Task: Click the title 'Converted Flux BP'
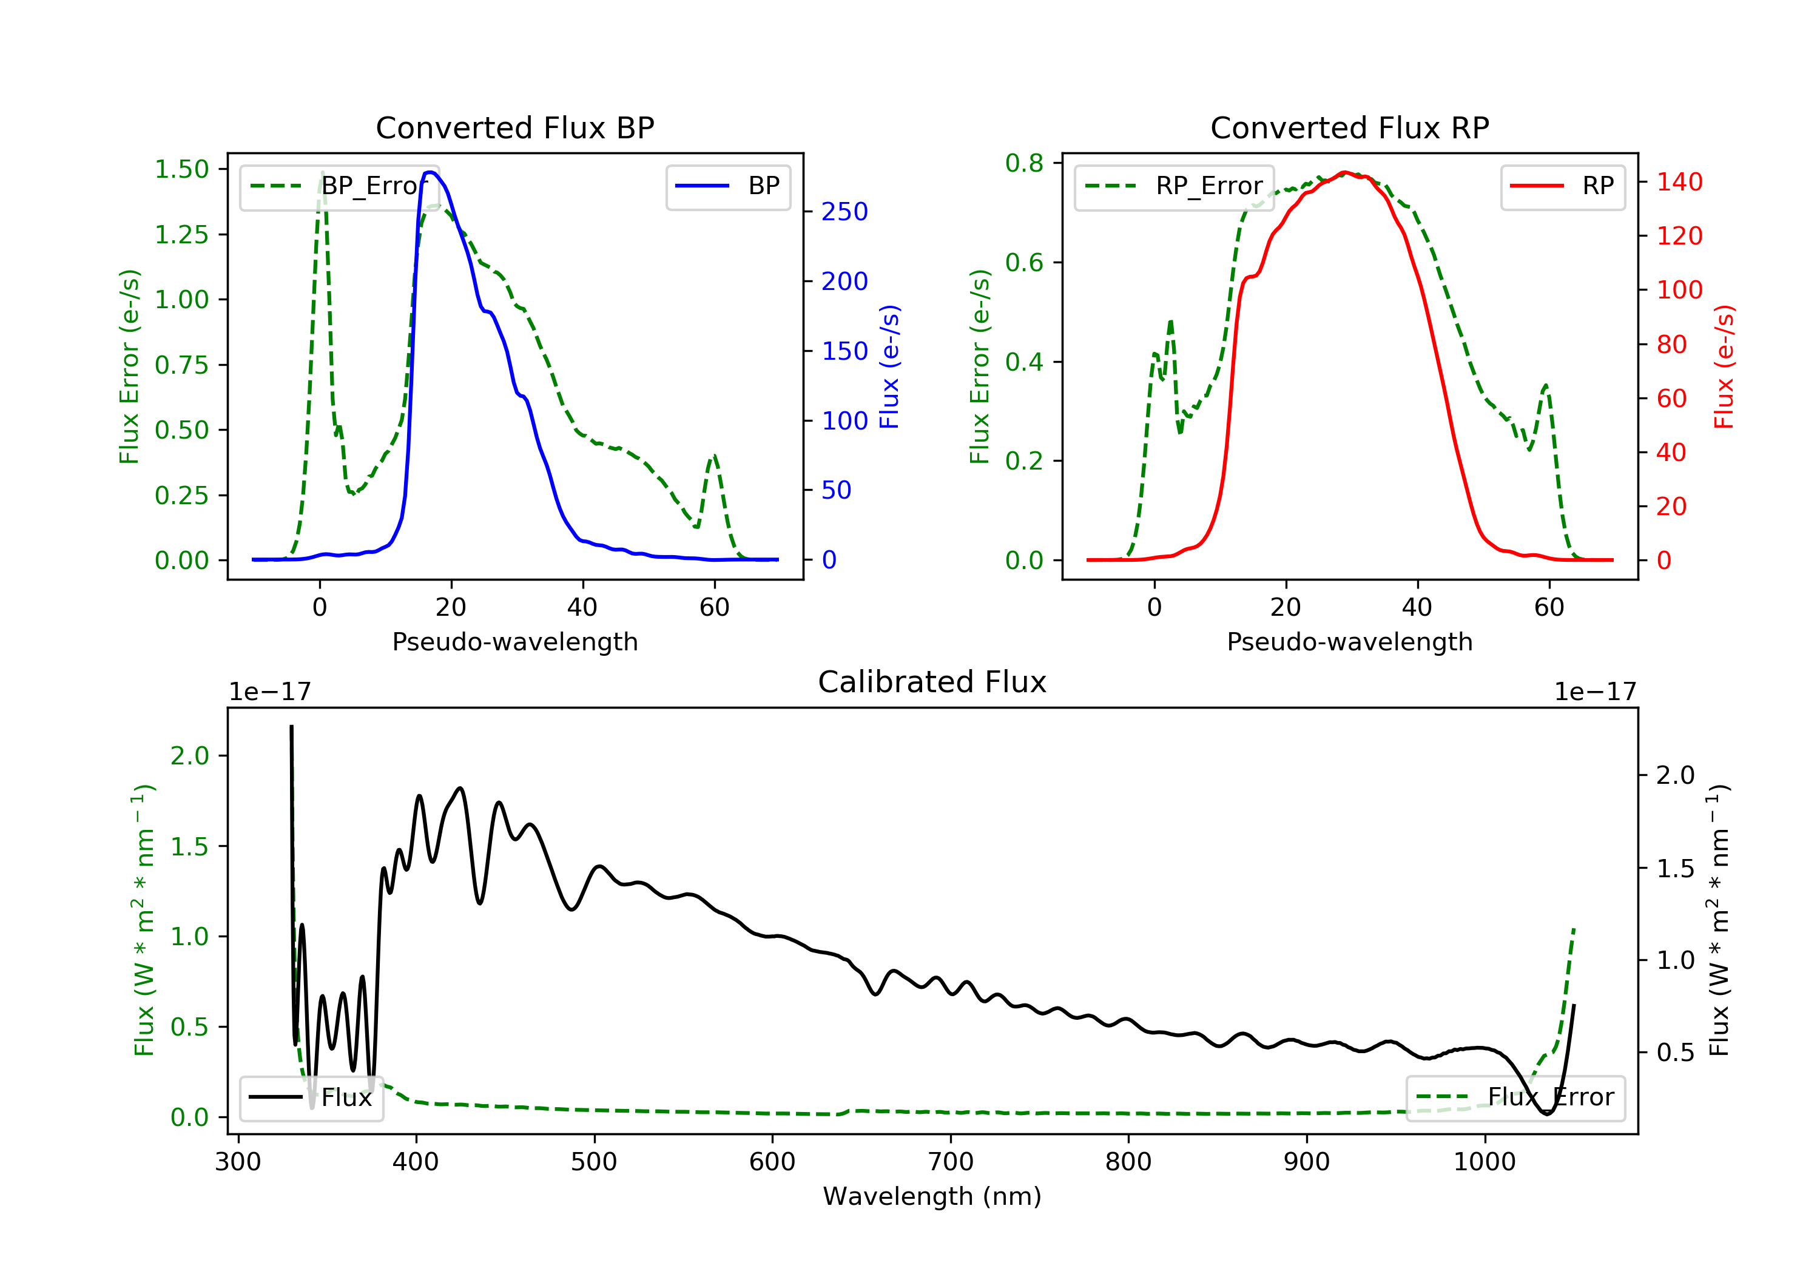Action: (514, 127)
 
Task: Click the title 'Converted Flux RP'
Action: (1349, 127)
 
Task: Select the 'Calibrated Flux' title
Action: (932, 682)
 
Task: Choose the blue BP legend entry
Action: (727, 186)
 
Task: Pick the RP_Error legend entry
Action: (1173, 186)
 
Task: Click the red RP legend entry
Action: (1562, 186)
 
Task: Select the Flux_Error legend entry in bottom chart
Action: (1515, 1097)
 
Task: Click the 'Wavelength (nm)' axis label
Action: (932, 1196)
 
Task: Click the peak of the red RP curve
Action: (1344, 172)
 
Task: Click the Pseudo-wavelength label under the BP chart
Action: (514, 641)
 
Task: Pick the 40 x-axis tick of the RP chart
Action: (1417, 607)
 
